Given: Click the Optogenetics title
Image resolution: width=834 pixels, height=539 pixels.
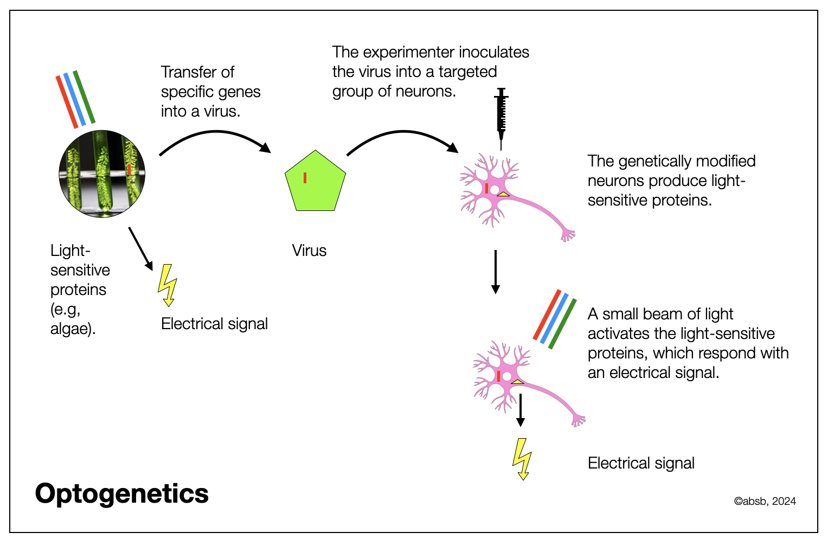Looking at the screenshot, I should click(121, 494).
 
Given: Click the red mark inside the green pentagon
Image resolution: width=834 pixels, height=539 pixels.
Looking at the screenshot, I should click(305, 177).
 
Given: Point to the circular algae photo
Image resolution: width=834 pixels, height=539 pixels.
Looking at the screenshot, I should click(102, 174).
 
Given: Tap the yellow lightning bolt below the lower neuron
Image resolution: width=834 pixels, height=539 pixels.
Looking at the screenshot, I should click(522, 459).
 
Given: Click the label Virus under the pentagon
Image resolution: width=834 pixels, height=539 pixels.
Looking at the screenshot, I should click(309, 251).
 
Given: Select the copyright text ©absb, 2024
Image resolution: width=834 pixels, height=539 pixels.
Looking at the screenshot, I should click(765, 502).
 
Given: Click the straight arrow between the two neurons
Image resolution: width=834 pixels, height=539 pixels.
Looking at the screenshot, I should click(495, 271).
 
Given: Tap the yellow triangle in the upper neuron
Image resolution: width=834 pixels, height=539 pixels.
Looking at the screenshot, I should click(503, 194).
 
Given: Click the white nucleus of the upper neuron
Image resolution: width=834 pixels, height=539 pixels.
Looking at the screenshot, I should click(495, 189).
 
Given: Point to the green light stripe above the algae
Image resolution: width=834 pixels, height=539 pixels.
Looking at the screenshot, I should click(84, 97).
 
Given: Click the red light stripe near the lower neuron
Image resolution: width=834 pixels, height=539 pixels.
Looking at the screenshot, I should click(547, 315).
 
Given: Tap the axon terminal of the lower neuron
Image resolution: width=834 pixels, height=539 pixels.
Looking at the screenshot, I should click(578, 419).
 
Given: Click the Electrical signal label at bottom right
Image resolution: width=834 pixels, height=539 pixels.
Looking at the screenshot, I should click(641, 463).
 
